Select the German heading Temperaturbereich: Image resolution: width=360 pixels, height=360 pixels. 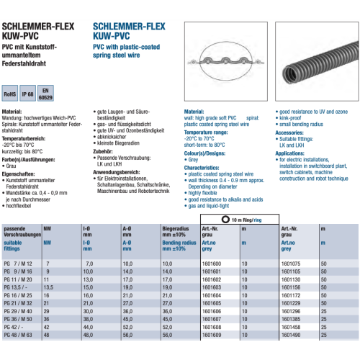tap(25, 135)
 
